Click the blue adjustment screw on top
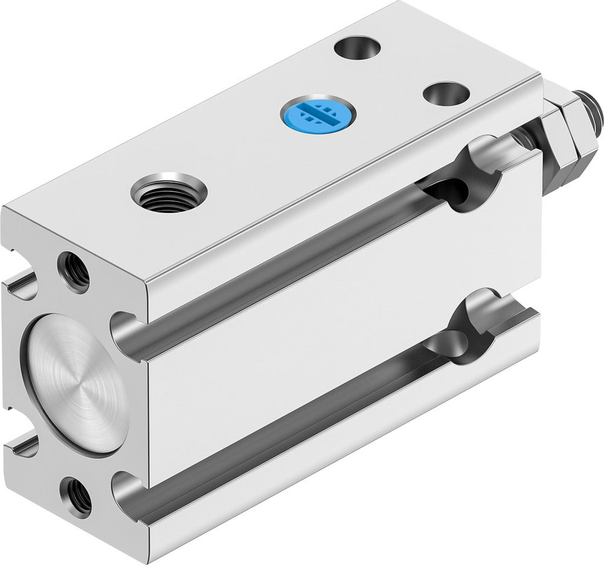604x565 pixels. click(318, 112)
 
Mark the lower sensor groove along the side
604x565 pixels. click(290, 417)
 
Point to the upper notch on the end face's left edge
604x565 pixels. click(18, 284)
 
